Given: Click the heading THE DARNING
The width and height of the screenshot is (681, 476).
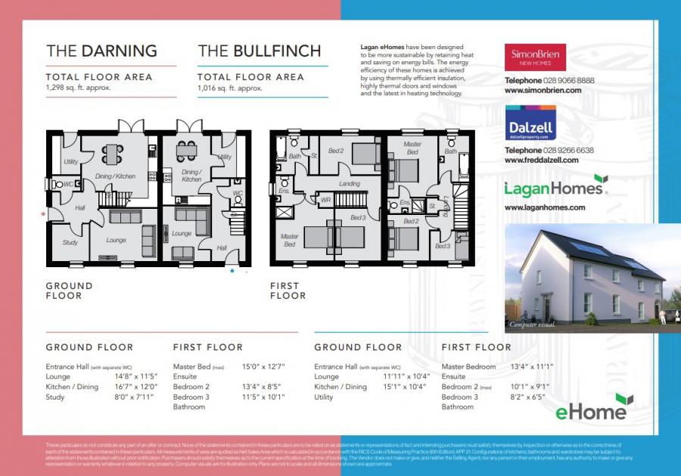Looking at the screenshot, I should [x=101, y=51].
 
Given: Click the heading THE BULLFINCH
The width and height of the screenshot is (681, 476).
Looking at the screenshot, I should [x=259, y=51].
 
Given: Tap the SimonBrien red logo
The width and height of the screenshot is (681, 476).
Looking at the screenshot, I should [x=535, y=58].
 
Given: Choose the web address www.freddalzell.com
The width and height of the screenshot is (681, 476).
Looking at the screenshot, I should [x=541, y=160].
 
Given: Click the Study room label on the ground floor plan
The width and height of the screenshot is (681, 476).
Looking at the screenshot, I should [x=70, y=243].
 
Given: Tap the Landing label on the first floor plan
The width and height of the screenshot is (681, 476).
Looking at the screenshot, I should [x=349, y=184].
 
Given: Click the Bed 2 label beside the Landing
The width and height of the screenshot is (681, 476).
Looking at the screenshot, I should [x=336, y=151].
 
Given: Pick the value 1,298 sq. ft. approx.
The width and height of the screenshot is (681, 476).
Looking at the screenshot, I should [x=78, y=89].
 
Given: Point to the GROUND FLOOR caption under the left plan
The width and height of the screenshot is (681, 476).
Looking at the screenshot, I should [x=69, y=291].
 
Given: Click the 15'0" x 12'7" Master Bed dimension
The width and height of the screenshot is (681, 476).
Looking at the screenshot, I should [x=261, y=366].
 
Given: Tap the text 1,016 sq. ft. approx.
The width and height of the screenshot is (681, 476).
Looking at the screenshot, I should [x=229, y=89].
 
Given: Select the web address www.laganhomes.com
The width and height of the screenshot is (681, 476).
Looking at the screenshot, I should [x=545, y=207].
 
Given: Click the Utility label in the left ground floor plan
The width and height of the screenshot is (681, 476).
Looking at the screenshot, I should [x=70, y=162].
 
